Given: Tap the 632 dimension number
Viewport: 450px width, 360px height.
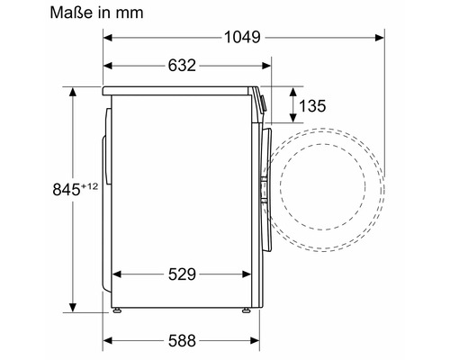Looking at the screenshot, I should (183, 66).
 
